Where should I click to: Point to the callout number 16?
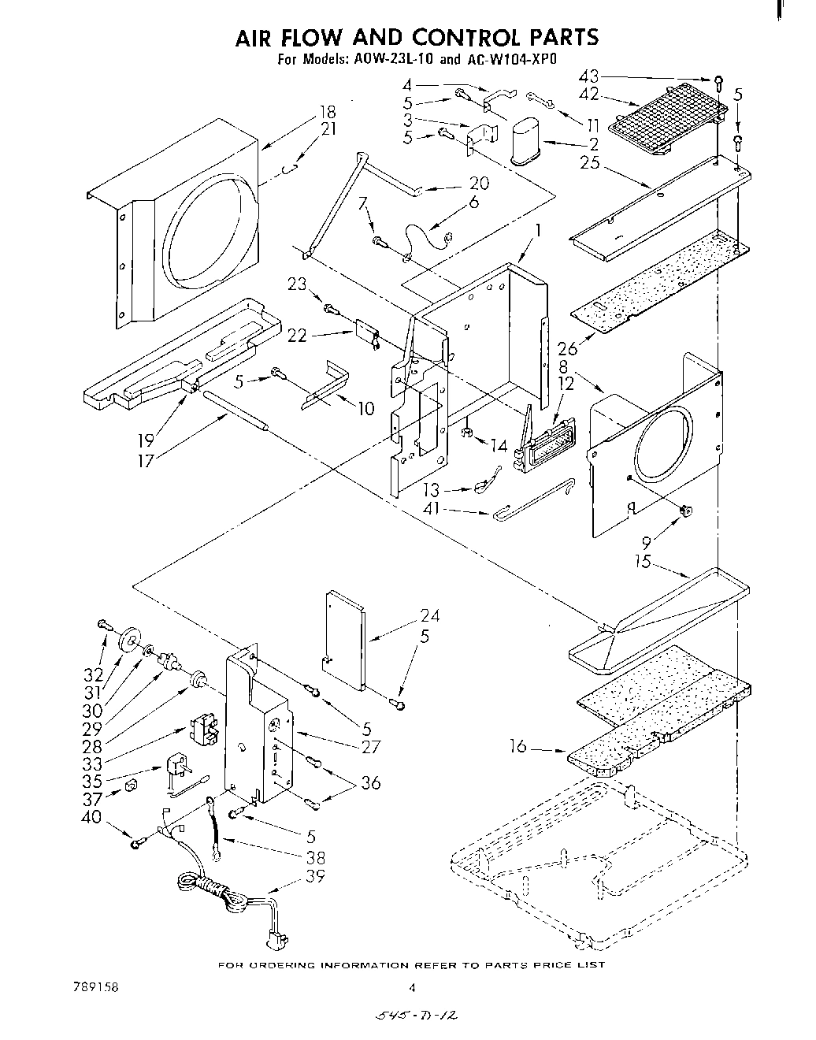pos(517,745)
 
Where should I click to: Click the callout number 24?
pos(429,616)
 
